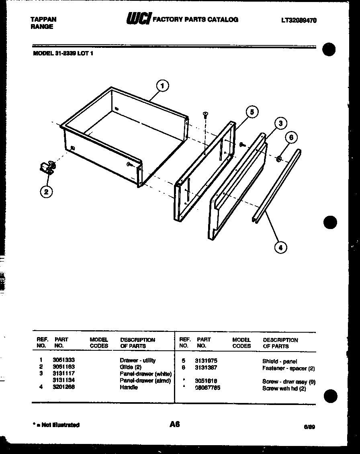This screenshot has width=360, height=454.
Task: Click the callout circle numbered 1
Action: [x=162, y=86]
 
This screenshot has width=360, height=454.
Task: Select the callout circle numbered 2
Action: [x=46, y=192]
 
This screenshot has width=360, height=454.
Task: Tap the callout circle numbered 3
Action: [x=280, y=123]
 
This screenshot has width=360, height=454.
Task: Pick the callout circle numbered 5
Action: [x=252, y=112]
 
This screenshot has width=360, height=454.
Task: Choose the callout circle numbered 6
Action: [x=292, y=137]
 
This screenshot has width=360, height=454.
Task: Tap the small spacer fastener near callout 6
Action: [x=278, y=160]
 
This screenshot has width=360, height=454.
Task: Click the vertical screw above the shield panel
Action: [x=205, y=115]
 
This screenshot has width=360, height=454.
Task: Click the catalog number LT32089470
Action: [x=299, y=20]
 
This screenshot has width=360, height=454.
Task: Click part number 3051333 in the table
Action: [x=63, y=360]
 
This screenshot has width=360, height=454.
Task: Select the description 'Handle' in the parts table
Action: [x=129, y=387]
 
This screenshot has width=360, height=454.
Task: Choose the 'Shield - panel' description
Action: [x=280, y=361]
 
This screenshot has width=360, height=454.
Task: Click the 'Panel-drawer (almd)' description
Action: [x=145, y=380]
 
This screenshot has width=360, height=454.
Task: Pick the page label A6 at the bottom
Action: [x=174, y=424]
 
